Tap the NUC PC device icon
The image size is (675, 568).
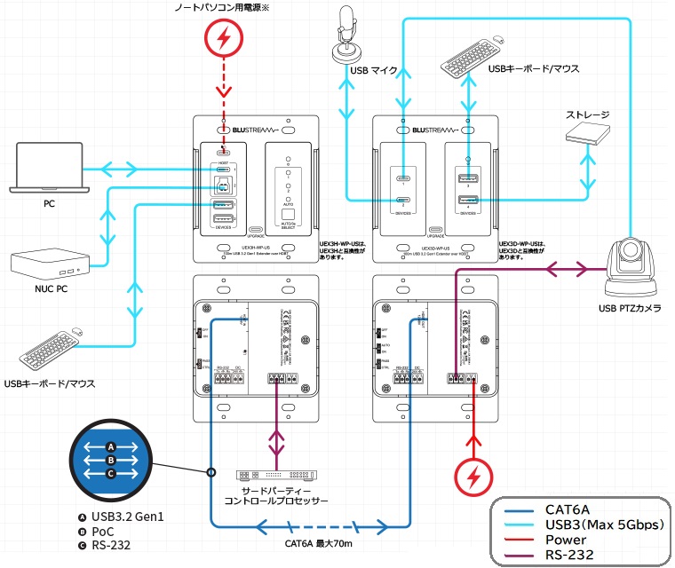(49, 262)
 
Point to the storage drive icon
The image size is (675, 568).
(590, 132)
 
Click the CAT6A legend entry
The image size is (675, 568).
(576, 509)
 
